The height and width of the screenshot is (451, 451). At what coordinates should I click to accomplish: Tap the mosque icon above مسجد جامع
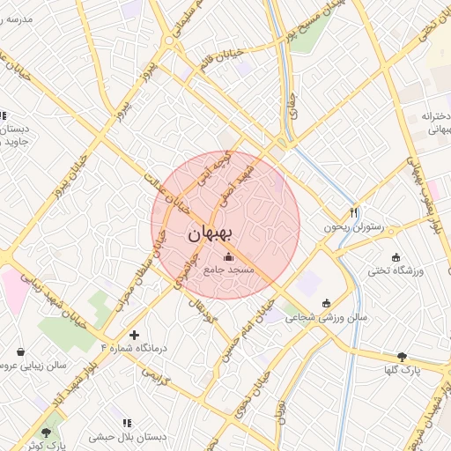point(230,257)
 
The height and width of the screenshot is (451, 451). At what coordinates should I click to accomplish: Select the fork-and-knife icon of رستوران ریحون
point(354,212)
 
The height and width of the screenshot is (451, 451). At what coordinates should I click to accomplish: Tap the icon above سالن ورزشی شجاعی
point(327,303)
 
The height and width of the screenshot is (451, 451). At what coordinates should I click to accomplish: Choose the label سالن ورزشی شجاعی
point(325,318)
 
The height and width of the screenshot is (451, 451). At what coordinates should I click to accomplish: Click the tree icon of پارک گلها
point(403,357)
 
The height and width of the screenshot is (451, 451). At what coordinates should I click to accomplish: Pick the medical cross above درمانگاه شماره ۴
point(134,335)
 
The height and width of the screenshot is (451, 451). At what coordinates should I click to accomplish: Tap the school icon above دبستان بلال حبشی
point(128,423)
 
